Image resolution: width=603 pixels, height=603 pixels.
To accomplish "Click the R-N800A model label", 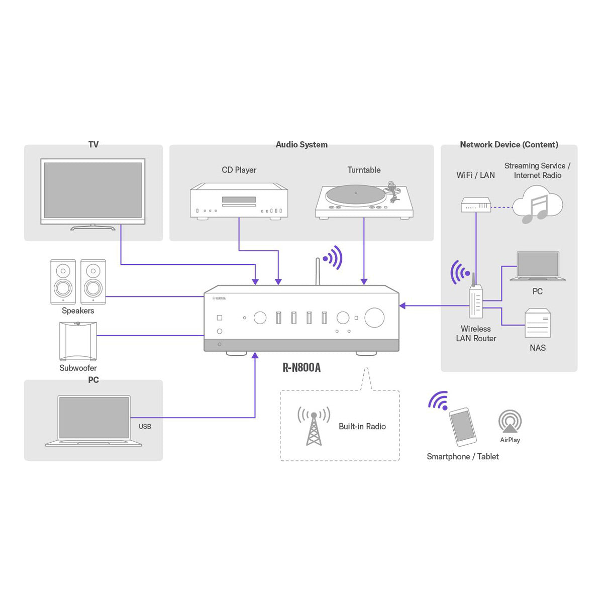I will click(x=301, y=368).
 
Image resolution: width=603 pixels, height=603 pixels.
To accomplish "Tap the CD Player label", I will click(x=239, y=170).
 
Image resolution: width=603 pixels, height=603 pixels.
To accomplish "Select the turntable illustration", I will click(x=364, y=201).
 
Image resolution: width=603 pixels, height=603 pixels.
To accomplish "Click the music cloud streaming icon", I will click(x=537, y=205).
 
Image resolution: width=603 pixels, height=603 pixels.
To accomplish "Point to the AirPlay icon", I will click(x=510, y=422).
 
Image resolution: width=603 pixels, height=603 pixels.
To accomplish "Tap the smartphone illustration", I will click(x=462, y=427).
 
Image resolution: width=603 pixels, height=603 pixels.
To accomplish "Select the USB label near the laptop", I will click(x=145, y=427).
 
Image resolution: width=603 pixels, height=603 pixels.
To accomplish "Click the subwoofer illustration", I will click(x=78, y=341).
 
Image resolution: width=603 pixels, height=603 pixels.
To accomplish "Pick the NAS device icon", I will click(x=537, y=323).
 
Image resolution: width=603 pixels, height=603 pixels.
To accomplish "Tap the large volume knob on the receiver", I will click(x=374, y=318).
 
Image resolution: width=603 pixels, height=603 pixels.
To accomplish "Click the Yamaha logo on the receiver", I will click(x=219, y=298).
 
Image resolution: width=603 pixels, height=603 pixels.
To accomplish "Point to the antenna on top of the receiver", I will click(x=318, y=272).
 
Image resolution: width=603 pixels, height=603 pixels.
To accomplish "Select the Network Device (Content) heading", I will click(x=509, y=145).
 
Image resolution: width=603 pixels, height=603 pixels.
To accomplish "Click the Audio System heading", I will click(x=301, y=145).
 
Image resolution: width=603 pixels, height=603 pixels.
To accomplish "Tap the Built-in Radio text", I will click(x=362, y=427).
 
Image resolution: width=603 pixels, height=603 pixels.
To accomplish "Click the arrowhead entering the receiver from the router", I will click(x=403, y=306).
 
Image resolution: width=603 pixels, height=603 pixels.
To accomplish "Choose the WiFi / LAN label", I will click(x=475, y=175).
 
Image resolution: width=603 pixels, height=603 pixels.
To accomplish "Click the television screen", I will click(x=93, y=190).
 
